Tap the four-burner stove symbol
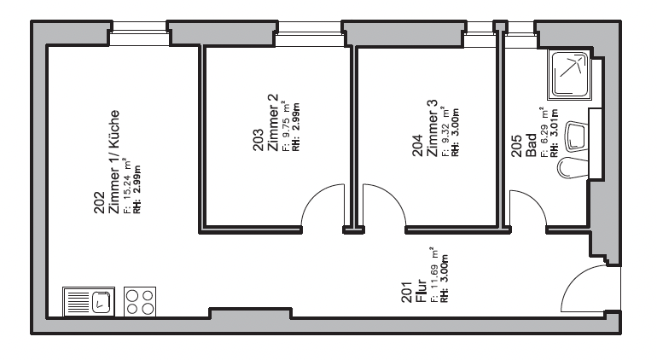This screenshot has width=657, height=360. [140, 301]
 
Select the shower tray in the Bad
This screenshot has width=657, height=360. [570, 74]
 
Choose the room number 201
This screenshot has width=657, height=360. [407, 292]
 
